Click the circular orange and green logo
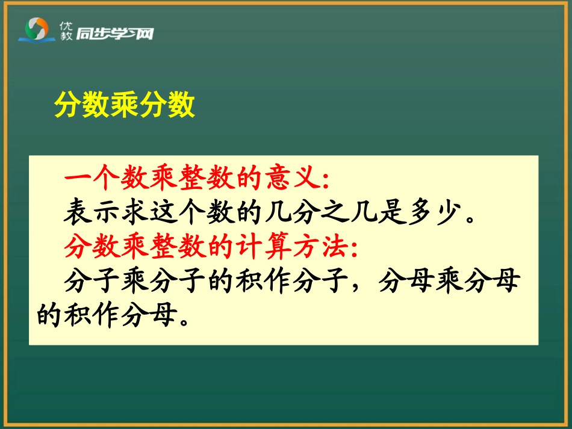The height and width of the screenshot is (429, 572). coord(37,28)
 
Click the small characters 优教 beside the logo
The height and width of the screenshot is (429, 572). coord(66,31)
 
